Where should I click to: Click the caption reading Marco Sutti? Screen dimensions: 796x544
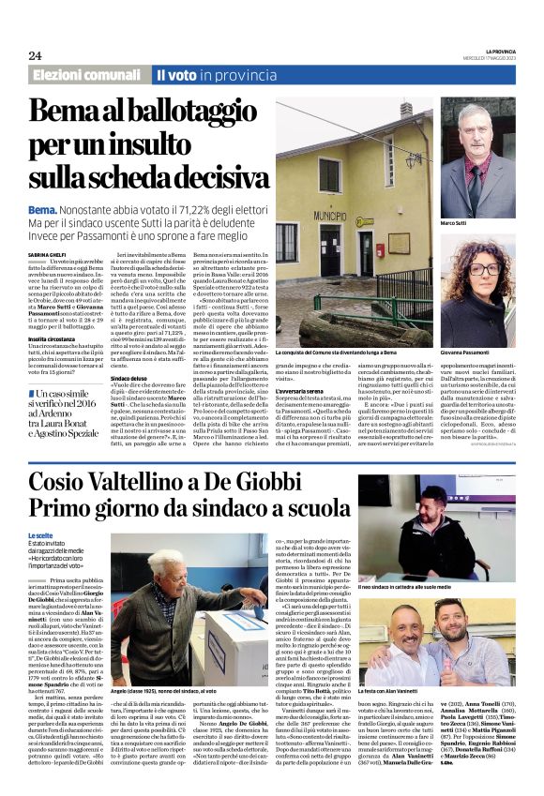pyautogui.click(x=454, y=223)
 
